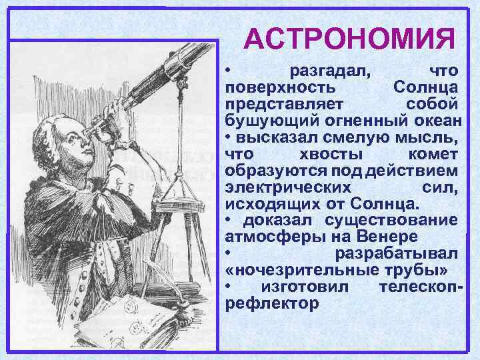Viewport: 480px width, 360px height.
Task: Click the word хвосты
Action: pos(328,153)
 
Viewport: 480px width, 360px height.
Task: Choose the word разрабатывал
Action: pos(396,253)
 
